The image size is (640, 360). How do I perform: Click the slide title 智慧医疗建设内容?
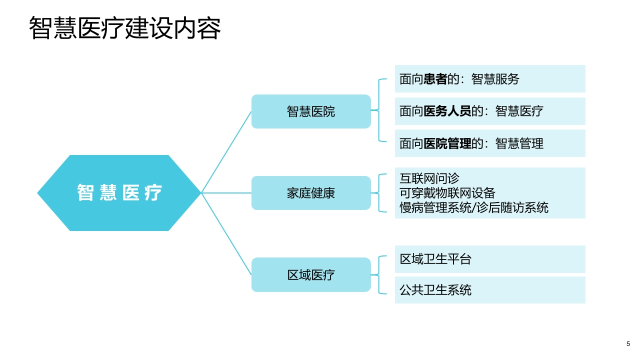pyautogui.click(x=125, y=28)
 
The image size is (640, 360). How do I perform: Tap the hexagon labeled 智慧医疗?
pyautogui.click(x=119, y=193)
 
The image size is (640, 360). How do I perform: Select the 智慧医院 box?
pyautogui.click(x=311, y=111)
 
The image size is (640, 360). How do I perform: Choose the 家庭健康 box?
pyautogui.click(x=311, y=193)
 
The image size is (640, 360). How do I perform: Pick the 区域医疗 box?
pyautogui.click(x=311, y=274)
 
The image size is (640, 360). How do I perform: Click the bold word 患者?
pyautogui.click(x=435, y=79)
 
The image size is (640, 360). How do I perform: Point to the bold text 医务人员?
pyautogui.click(x=447, y=111)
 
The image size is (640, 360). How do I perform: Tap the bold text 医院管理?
pyautogui.click(x=447, y=143)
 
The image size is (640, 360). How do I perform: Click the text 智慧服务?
pyautogui.click(x=495, y=79)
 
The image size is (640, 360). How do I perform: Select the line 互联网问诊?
pyautogui.click(x=429, y=178)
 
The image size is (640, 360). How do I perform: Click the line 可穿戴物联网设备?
pyautogui.click(x=447, y=193)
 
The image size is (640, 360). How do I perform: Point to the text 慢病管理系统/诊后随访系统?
pyautogui.click(x=473, y=207)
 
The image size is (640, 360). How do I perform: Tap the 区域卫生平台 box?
pyautogui.click(x=490, y=259)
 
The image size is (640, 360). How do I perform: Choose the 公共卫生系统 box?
pyautogui.click(x=490, y=289)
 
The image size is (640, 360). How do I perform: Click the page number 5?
pyautogui.click(x=628, y=343)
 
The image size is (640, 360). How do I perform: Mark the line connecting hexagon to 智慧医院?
pyautogui.click(x=226, y=152)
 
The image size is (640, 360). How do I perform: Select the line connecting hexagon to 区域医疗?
pyautogui.click(x=226, y=233)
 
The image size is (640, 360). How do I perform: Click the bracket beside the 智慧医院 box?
pyautogui.click(x=379, y=110)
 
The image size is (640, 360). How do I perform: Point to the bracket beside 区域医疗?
pyautogui.click(x=379, y=275)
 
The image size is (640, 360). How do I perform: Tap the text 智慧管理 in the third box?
pyautogui.click(x=519, y=143)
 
